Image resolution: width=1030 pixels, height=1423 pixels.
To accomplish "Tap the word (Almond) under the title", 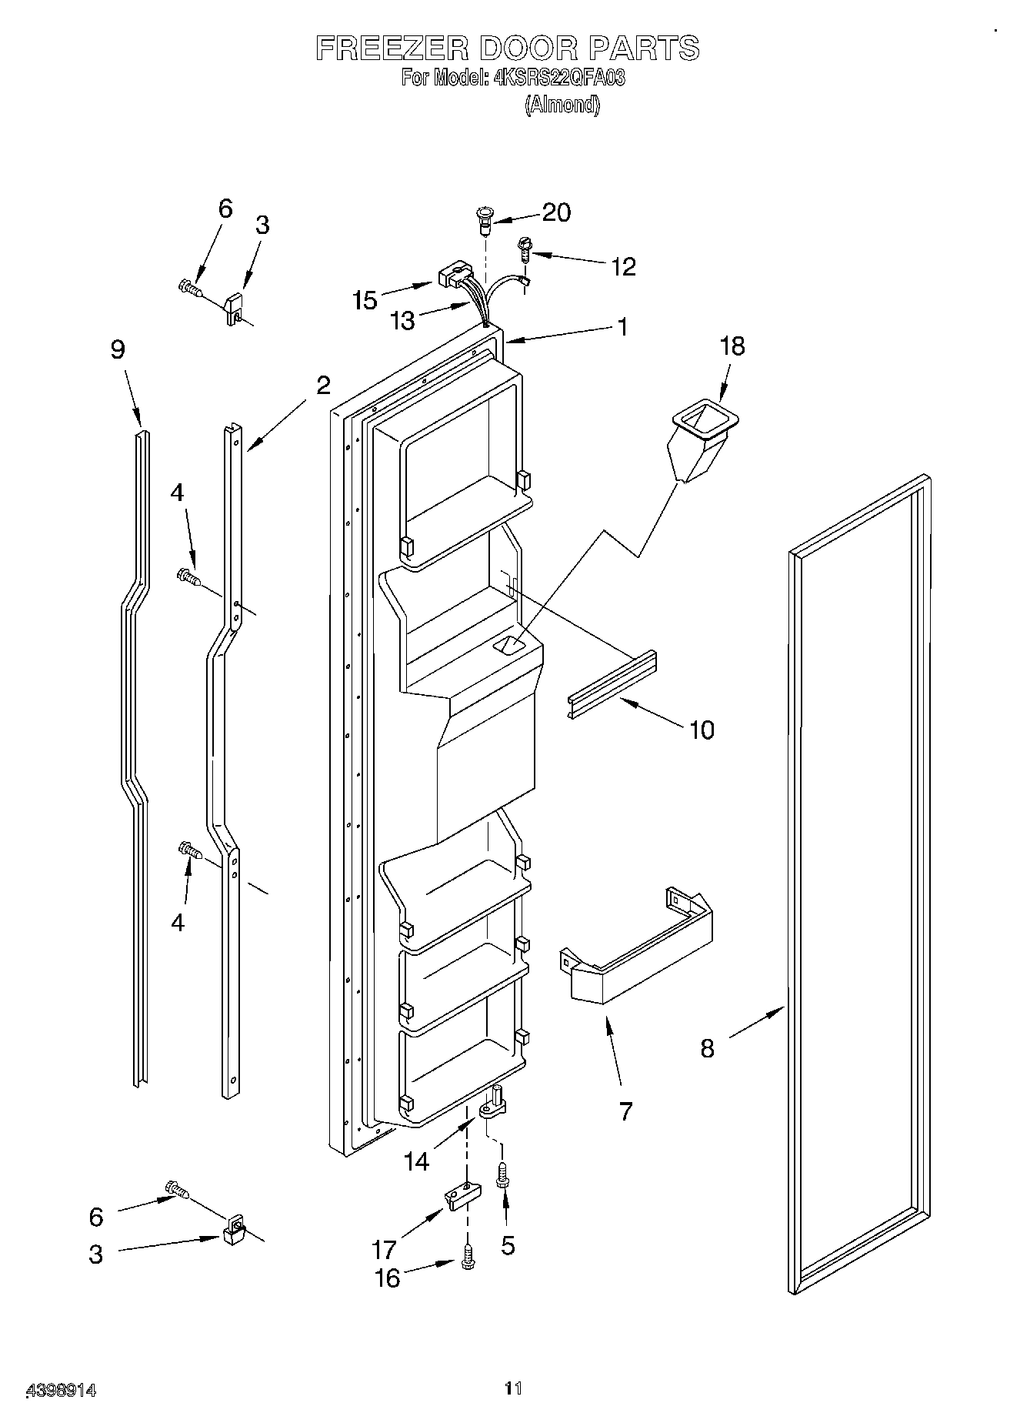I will coord(562,105).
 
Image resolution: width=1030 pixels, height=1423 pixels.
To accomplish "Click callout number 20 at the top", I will coord(556,212).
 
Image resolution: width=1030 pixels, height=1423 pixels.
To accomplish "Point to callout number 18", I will coord(732,346).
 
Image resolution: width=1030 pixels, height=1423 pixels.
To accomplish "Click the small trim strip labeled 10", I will coord(613,683).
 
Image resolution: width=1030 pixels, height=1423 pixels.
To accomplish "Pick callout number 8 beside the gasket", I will coord(707,1047).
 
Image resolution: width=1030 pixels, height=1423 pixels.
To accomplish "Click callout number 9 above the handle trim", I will coord(117,350).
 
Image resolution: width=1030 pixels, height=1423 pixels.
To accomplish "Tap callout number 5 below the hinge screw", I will coord(508,1245).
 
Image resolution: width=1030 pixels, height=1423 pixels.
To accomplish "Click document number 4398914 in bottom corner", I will coord(62,1390).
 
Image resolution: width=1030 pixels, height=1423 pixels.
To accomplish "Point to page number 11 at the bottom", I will coord(513,1388).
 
